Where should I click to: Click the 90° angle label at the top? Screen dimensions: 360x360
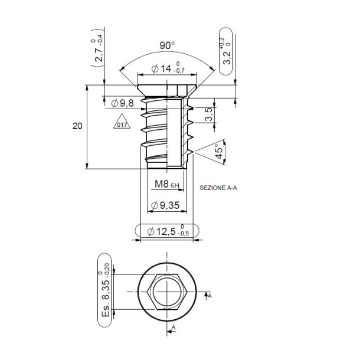pos(168,45)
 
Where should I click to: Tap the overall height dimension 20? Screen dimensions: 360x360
pos(77,126)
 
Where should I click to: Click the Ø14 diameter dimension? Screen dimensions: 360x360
pos(162,69)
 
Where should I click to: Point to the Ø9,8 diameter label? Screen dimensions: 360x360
pos(123,103)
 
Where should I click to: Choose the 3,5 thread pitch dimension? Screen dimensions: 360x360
pos(208,114)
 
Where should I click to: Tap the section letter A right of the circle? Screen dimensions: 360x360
pos(210,296)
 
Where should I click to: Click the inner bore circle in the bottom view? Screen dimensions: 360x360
pos(168,293)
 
